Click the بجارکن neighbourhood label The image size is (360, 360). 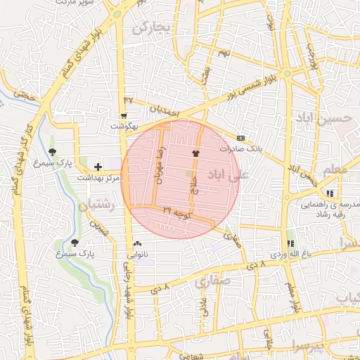(151, 27)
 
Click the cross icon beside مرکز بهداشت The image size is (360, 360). (97, 166)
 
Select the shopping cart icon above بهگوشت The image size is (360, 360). (124, 116)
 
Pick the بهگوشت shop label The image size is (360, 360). (126, 127)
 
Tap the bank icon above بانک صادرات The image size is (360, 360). (241, 138)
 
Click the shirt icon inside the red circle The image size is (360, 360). (195, 152)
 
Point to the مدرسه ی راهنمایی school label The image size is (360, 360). (330, 206)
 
